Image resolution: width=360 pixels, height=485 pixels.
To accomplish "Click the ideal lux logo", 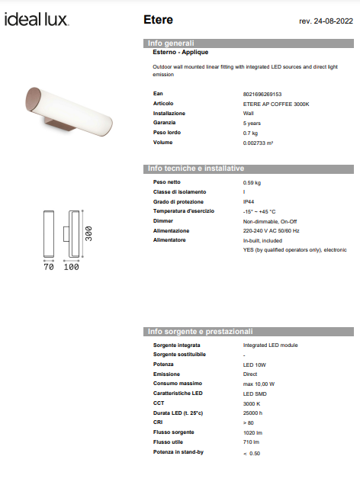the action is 36,19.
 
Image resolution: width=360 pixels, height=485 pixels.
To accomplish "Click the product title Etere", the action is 158,19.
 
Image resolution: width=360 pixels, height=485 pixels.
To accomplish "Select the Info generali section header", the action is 171,43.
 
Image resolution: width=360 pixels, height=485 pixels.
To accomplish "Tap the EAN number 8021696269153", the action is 262,93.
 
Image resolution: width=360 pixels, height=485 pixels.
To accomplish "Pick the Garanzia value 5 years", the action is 252,123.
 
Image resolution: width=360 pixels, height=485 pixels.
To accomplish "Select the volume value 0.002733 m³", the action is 258,143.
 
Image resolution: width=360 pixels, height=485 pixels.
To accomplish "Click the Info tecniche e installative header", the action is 195,168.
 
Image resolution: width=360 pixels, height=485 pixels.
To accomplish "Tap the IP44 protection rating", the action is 249,201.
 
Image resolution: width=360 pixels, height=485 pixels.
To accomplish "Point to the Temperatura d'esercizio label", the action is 184,211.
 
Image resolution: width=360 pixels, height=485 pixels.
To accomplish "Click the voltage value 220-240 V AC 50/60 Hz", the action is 271,230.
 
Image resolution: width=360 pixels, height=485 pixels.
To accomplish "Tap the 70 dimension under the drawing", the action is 47,268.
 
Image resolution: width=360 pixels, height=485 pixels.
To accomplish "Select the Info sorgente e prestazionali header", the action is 199,332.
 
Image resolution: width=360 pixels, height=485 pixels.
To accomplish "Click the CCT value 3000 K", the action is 252,403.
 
